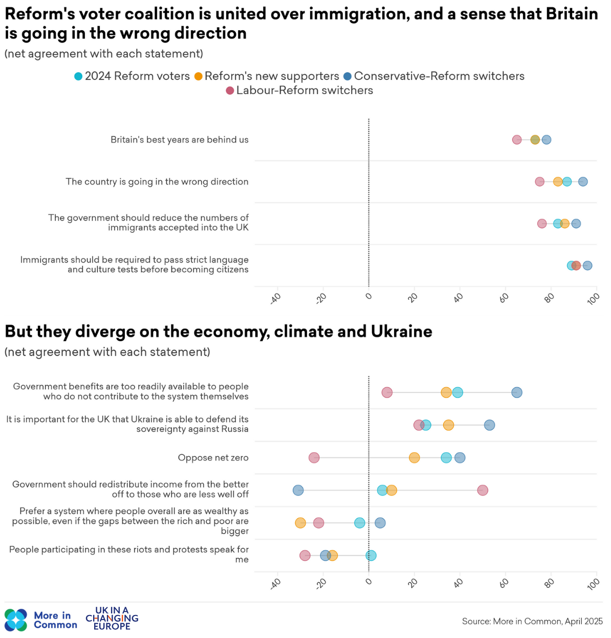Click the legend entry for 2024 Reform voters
point(132,76)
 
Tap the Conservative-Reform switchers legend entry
point(434,76)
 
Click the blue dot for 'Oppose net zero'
point(460,457)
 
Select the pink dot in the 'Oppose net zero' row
point(314,457)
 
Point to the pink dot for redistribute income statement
point(483,490)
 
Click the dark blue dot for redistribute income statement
point(298,490)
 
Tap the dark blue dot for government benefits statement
point(517,392)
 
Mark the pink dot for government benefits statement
point(387,392)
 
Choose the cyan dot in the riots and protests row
point(371,556)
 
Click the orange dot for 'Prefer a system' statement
point(300,523)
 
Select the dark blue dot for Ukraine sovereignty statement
point(490,425)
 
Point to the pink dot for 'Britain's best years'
point(517,140)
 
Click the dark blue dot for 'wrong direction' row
point(583,182)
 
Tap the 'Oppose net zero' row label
point(213,458)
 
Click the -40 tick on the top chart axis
point(276,298)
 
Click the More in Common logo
point(41,620)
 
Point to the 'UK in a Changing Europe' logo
point(112,618)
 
